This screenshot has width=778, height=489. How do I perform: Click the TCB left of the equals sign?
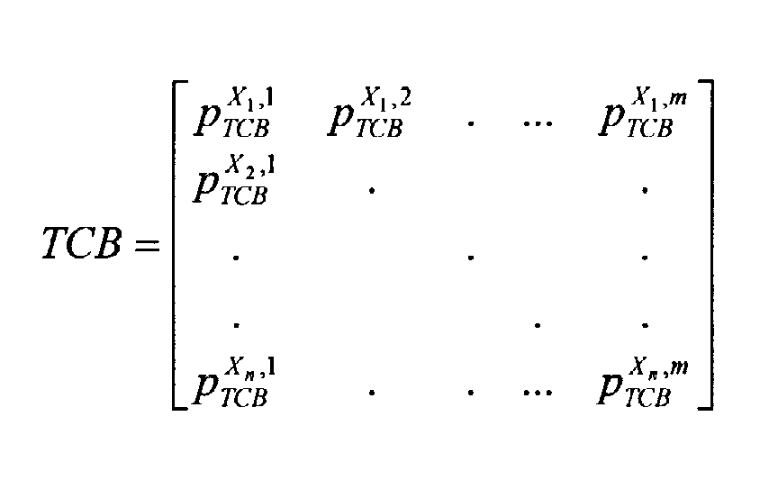click(81, 243)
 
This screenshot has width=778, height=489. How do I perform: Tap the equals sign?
click(148, 245)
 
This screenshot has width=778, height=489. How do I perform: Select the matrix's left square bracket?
click(179, 245)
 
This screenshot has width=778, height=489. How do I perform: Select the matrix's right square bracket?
click(706, 245)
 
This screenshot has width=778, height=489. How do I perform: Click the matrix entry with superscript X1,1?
click(234, 113)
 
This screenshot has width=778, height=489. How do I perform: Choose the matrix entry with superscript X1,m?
click(643, 113)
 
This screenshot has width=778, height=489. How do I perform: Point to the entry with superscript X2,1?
click(234, 180)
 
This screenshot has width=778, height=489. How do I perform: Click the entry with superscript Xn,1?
click(234, 382)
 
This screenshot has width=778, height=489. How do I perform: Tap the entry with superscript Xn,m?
click(643, 382)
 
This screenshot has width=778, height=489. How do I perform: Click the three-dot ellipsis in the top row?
click(538, 122)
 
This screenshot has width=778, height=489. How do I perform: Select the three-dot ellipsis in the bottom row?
click(538, 393)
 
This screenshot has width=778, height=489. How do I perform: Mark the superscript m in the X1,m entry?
click(678, 99)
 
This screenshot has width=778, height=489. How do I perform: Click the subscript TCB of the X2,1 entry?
click(244, 195)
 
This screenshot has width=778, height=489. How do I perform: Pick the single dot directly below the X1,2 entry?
click(372, 190)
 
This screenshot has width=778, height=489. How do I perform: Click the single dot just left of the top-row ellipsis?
click(470, 122)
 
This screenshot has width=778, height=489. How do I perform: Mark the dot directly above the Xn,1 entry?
click(236, 325)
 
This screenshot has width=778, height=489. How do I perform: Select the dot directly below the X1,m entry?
click(645, 190)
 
